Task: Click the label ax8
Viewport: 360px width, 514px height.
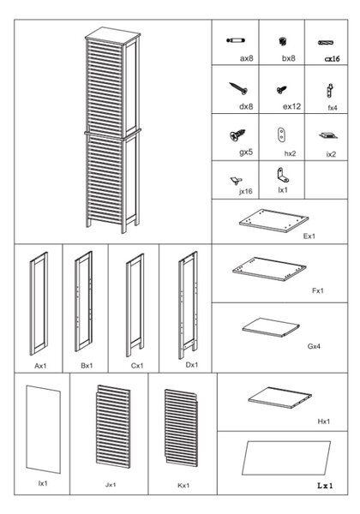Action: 247,58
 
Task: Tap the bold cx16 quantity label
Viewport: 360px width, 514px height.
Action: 332,59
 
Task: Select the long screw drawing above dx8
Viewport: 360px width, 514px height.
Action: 238,88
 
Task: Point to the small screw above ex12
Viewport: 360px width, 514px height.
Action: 281,89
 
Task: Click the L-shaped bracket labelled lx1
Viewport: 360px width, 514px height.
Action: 283,175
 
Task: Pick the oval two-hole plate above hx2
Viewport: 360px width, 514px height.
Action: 281,134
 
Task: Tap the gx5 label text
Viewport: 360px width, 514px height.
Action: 246,152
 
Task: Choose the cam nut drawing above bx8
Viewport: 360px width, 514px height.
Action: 283,42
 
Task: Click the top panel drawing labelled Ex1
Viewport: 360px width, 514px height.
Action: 273,221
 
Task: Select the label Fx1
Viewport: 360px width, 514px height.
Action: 318,290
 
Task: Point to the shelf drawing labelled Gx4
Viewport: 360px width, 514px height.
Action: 271,327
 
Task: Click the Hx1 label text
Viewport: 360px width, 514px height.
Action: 324,421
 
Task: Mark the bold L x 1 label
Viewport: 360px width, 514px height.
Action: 325,486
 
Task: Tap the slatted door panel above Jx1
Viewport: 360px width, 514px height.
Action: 113,427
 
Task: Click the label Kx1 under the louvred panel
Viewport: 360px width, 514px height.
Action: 183,486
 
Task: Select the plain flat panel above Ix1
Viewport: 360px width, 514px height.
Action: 43,429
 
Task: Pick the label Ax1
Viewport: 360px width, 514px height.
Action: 40,366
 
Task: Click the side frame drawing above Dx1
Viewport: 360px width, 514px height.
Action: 188,305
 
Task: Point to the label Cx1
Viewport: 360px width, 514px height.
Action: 137,366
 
